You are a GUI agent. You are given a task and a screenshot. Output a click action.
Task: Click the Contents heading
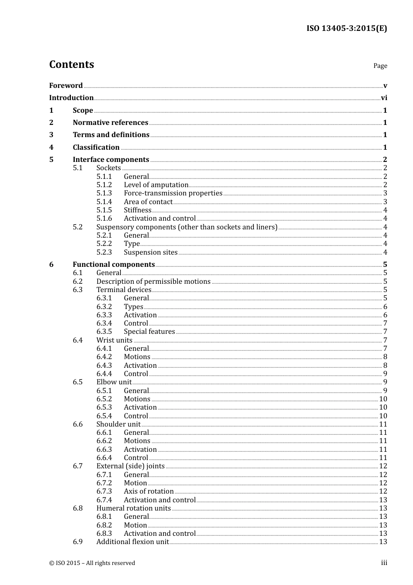coord(71,64)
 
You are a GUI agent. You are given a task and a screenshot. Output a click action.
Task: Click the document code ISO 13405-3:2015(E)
coord(346,28)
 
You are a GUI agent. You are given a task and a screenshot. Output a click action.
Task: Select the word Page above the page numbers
coord(380,66)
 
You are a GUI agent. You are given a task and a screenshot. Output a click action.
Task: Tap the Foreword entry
coord(66,85)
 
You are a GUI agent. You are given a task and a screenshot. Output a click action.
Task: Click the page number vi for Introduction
coord(384,98)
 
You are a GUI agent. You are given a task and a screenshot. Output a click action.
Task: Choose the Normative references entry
coord(110,123)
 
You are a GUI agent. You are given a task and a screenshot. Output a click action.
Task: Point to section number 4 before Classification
coord(51,148)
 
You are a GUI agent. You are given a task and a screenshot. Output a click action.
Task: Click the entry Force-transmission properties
coord(173,193)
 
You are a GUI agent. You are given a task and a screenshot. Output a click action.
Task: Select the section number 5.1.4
coord(104,202)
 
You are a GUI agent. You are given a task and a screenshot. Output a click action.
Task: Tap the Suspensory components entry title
coord(187,227)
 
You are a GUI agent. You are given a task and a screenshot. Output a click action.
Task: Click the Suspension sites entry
coord(150,252)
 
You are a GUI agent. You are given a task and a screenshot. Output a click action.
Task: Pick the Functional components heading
coord(113,265)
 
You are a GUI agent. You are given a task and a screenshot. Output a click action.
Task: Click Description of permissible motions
coord(153,282)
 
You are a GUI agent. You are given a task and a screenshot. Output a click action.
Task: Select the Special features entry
coord(149,332)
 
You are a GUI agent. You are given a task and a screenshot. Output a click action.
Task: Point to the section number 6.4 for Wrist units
coord(77,340)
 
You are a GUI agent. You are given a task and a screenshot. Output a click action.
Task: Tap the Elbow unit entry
coord(113,382)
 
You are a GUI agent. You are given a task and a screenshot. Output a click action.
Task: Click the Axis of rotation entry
coord(149,491)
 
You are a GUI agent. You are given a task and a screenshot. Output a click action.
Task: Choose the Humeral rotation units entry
coord(133,508)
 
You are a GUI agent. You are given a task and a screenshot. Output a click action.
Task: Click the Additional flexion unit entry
coord(132,542)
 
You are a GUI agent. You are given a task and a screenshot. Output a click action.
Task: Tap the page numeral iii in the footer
coord(384,563)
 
